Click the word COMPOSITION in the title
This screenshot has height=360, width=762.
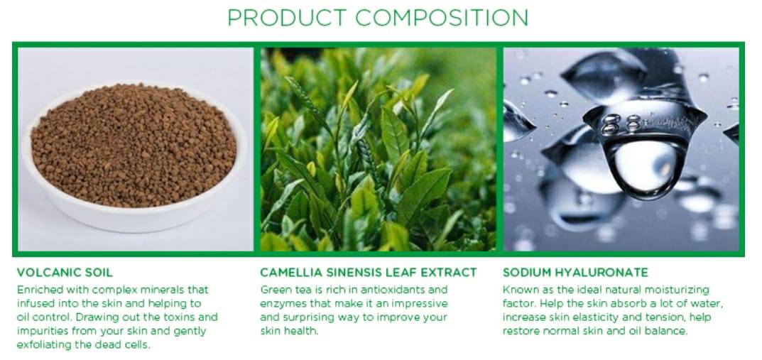pyautogui.click(x=442, y=18)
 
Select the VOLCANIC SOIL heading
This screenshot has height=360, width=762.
pyautogui.click(x=65, y=273)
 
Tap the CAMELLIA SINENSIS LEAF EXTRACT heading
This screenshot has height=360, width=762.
pyautogui.click(x=369, y=273)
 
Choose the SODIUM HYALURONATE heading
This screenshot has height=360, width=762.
pyautogui.click(x=575, y=273)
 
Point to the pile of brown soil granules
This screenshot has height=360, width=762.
pyautogui.click(x=134, y=143)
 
